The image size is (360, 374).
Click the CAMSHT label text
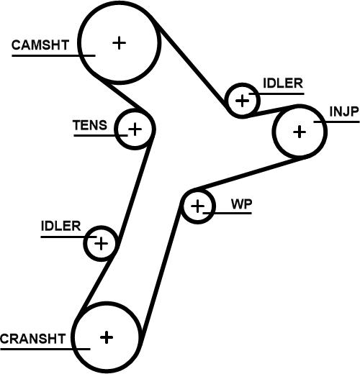coord(40,45)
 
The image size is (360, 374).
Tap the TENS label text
coord(90,125)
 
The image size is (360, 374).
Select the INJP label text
coord(344,111)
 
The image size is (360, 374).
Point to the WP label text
coord(241,204)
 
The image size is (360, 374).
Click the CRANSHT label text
coord(33,339)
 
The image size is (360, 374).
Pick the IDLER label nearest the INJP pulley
coord(283,83)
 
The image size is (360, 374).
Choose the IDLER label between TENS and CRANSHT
coord(60,226)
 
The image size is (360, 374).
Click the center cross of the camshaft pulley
coord(119,43)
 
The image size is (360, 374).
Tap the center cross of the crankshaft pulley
coord(107,337)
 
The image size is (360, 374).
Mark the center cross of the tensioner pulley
coord(135,129)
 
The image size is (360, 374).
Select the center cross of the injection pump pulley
coord(300,132)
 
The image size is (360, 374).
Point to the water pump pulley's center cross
coord(197,206)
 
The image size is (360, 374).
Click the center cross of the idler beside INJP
coord(243,101)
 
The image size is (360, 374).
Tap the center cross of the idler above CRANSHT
coord(101,244)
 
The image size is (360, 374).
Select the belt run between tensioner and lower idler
coord(135,192)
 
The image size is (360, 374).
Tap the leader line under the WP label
coord(227,213)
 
